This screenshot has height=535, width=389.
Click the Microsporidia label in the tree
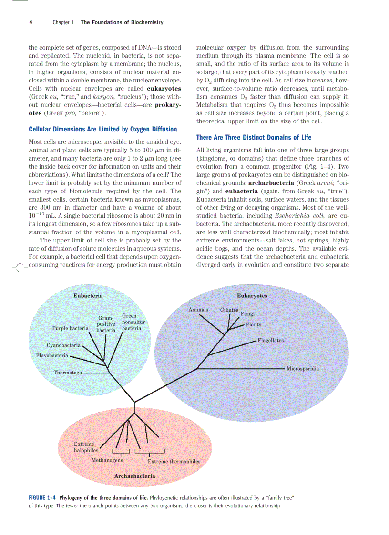(x=303, y=369)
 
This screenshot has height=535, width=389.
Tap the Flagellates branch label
(x=270, y=341)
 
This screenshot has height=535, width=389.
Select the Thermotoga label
(x=68, y=373)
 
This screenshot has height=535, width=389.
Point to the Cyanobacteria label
(x=63, y=345)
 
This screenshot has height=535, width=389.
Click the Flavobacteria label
(x=52, y=355)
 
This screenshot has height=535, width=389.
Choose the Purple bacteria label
(x=70, y=328)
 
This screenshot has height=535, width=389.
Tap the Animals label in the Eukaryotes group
(x=198, y=310)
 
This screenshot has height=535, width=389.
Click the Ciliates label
(x=229, y=310)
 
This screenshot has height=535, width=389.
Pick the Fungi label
(x=247, y=314)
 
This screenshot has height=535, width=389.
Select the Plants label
(x=254, y=325)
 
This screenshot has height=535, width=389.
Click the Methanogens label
(x=107, y=460)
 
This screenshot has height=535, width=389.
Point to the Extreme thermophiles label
(x=174, y=461)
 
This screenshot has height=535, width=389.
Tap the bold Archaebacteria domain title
(x=134, y=476)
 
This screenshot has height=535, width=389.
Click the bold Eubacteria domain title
(x=88, y=296)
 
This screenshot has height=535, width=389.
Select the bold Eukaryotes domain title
(x=252, y=296)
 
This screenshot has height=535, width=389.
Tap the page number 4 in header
(x=31, y=22)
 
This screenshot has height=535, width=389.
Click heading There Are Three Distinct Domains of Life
(x=254, y=138)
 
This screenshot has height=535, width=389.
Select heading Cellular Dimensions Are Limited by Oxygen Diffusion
(x=102, y=129)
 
